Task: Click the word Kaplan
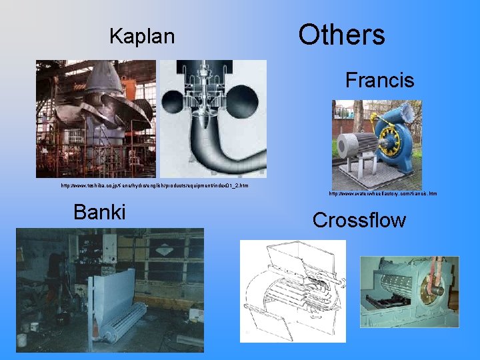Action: pyautogui.click(x=142, y=36)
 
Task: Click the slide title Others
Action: pyautogui.click(x=341, y=35)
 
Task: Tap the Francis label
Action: pyautogui.click(x=379, y=81)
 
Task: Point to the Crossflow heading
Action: pyautogui.click(x=359, y=220)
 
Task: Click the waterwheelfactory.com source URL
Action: pyautogui.click(x=383, y=194)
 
